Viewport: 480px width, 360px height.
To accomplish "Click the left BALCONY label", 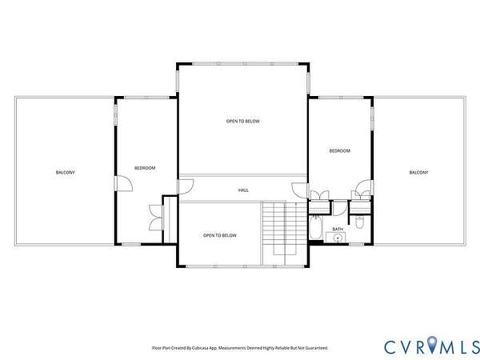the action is click(x=66, y=172).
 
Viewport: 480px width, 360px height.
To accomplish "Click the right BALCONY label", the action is click(x=418, y=172).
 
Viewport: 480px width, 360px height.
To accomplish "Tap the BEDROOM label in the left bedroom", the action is click(x=145, y=168).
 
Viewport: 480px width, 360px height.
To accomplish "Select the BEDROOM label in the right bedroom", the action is click(x=339, y=150).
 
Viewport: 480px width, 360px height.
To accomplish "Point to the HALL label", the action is click(x=243, y=190).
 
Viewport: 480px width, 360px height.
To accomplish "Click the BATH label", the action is click(x=338, y=229).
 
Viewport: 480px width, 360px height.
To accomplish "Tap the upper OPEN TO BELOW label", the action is click(x=242, y=122).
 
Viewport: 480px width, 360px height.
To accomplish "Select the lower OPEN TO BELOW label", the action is click(x=220, y=235).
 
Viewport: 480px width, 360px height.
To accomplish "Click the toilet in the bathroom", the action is click(x=360, y=222).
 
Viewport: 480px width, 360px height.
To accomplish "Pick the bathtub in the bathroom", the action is click(x=315, y=227).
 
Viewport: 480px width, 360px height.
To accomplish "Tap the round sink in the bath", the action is click(x=338, y=238).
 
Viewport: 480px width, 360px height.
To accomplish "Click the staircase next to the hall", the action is click(x=285, y=233).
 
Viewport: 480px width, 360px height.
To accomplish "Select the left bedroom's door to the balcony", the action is click(x=124, y=183).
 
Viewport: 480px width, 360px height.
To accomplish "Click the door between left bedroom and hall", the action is click(x=186, y=186).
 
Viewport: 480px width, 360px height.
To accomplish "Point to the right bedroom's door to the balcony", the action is click(x=364, y=187).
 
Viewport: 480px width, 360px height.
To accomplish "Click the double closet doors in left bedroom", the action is click(x=156, y=218).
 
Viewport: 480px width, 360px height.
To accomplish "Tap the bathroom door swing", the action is click(x=340, y=208).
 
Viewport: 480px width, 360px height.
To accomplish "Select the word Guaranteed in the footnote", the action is click(x=318, y=348).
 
